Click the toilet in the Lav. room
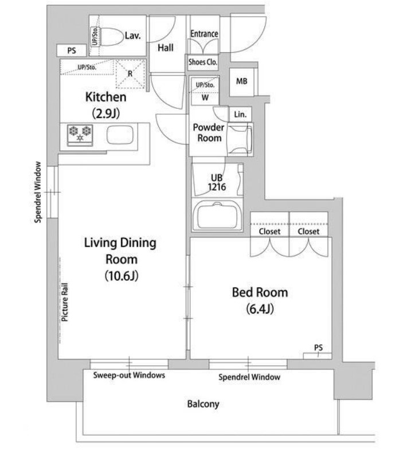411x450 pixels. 111,37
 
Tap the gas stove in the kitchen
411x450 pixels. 80,135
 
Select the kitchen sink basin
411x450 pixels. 120,135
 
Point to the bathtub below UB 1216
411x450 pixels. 217,215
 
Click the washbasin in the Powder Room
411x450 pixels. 240,139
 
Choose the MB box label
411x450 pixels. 242,81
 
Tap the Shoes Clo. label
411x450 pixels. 203,62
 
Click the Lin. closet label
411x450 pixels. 240,115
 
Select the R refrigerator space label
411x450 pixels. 130,74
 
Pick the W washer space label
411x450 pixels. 205,97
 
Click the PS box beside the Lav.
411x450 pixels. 72,50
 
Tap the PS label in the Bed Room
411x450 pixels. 318,347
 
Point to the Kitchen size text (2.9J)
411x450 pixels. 106,114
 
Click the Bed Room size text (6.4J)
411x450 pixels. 260,309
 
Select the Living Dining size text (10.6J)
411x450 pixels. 122,276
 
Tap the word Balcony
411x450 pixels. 203,404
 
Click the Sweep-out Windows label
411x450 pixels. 129,375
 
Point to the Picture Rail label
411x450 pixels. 65,302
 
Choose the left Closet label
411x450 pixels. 269,232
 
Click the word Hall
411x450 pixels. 166,48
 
